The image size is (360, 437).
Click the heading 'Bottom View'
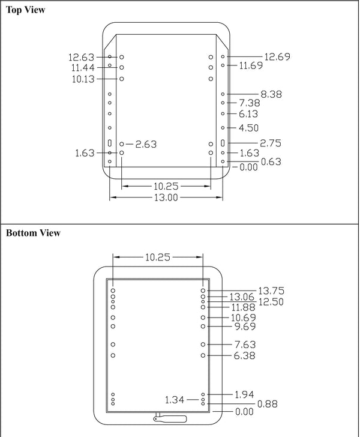(x=33, y=233)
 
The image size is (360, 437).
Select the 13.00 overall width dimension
(x=166, y=197)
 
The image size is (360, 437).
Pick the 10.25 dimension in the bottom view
(x=158, y=257)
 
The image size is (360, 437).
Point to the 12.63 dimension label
(x=81, y=58)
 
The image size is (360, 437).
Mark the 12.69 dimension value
(x=277, y=57)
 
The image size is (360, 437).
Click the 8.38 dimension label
(x=271, y=94)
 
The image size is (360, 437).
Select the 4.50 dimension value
(x=248, y=128)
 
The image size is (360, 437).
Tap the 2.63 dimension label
(x=146, y=144)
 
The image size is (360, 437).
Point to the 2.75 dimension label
(x=271, y=143)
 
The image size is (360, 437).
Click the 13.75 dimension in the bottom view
(x=271, y=291)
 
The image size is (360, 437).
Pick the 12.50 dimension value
(x=271, y=302)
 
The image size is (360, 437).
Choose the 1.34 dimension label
(x=175, y=399)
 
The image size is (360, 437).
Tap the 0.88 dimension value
(x=268, y=404)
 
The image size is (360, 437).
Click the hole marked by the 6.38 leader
(x=203, y=355)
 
